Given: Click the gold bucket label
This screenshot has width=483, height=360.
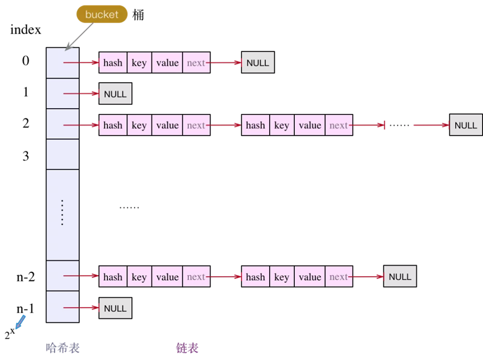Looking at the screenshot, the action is tap(102, 14).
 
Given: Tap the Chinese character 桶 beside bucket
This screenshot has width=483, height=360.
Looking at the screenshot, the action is tap(138, 15).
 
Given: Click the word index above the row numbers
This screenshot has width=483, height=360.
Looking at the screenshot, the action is tap(26, 30).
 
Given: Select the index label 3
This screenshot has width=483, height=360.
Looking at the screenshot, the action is tap(26, 156).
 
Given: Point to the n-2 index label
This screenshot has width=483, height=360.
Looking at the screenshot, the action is tap(26, 277).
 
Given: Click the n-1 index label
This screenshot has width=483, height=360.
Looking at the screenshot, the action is tap(25, 308).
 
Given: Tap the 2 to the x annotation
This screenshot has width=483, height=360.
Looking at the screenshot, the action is tap(9, 333).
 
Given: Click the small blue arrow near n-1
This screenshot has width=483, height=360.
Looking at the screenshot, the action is tap(20, 322).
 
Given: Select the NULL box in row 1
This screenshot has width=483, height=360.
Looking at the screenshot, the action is tap(115, 94).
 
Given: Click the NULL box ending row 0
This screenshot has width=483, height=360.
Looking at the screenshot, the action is tap(258, 62).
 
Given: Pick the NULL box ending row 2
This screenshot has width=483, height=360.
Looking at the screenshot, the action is tap(466, 124).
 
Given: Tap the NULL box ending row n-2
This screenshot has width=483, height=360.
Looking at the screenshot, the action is tap(400, 276).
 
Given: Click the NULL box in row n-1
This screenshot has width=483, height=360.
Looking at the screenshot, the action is tap(115, 308).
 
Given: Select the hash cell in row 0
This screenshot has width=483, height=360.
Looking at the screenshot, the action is tap(113, 63).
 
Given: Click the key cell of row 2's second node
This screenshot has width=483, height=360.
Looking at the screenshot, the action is tap(282, 125).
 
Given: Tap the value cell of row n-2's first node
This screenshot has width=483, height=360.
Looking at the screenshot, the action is tap(168, 276).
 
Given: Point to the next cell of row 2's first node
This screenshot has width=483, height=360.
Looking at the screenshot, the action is tap(197, 125).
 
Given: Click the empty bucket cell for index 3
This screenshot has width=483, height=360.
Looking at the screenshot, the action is tap(63, 154).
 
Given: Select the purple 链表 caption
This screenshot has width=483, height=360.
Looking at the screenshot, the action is tap(187, 348).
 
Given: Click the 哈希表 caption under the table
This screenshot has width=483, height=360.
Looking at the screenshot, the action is tap(63, 348).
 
